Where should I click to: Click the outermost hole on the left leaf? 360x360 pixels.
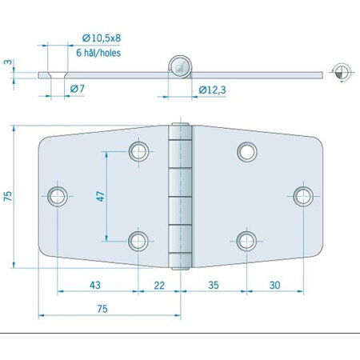tap(58, 195)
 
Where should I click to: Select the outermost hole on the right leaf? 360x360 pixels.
tap(302, 195)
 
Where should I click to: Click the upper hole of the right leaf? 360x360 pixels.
tap(246, 151)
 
